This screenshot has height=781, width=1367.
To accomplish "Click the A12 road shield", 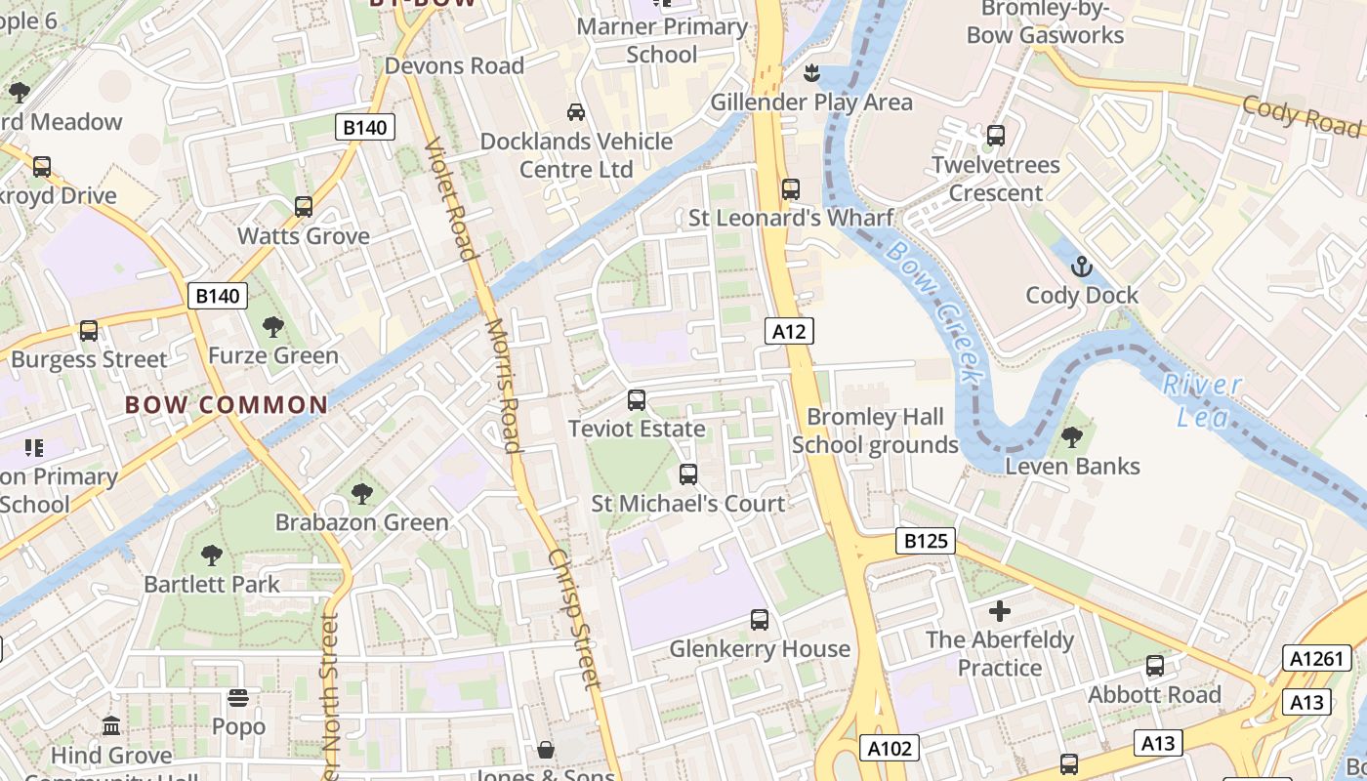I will [x=789, y=332].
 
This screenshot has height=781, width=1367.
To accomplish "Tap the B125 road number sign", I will [x=925, y=541].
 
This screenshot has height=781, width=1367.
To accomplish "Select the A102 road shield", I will [x=890, y=749].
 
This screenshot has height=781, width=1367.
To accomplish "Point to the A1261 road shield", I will [x=1316, y=659].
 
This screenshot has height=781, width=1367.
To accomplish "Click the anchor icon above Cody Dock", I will [x=1082, y=267].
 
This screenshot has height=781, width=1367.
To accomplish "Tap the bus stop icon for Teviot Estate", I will [x=637, y=399].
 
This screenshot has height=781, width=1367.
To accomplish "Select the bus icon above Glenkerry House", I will [x=760, y=619].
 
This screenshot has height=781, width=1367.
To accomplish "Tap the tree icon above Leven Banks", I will [x=1072, y=436].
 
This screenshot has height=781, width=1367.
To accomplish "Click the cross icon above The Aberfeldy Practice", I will [x=1000, y=611].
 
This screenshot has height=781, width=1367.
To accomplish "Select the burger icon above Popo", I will [x=238, y=698].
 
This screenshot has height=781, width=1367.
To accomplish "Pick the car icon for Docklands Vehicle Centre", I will [x=576, y=112].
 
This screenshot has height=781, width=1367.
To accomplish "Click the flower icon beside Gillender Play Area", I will [x=810, y=72].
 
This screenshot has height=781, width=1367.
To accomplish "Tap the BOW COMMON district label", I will [x=227, y=405].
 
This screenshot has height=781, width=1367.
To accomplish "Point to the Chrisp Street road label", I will [x=573, y=618].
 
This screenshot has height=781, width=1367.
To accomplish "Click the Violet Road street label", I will [x=451, y=200].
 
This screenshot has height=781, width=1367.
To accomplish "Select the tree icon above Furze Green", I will [x=272, y=326].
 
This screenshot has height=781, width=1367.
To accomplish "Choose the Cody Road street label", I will [x=1301, y=116].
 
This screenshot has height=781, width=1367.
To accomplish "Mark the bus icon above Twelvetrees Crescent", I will [x=996, y=136].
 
